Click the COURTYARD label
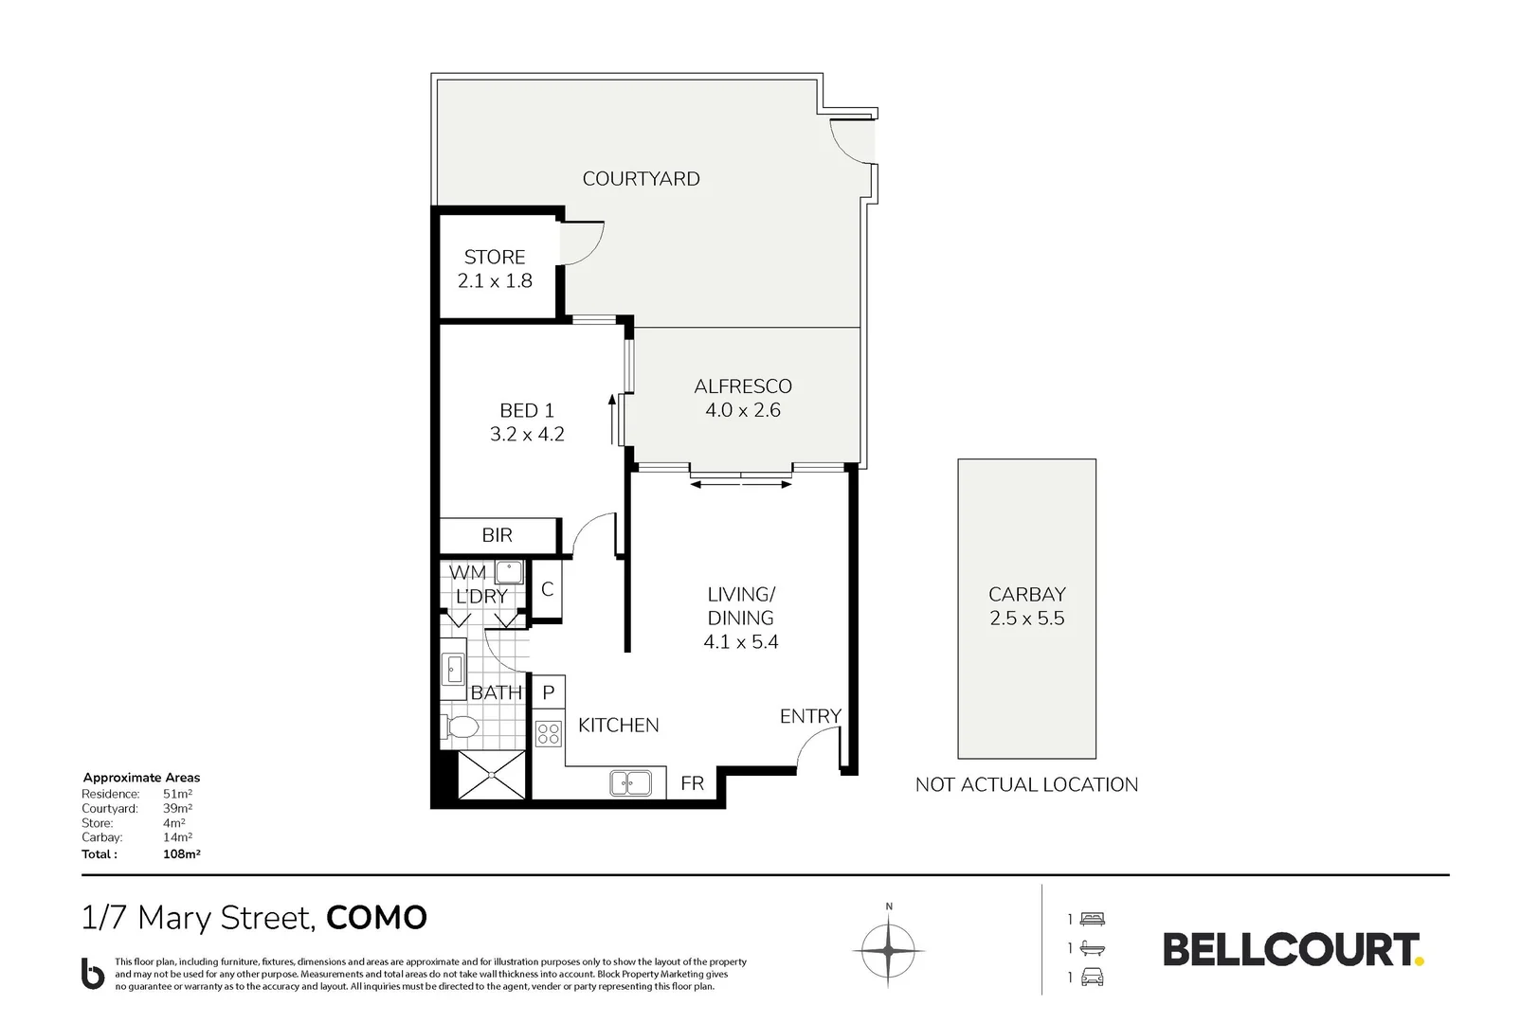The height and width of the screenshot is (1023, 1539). (x=641, y=179)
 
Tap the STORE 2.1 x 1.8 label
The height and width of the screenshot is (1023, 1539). (x=495, y=269)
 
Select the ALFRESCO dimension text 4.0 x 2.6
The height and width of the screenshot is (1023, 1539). (x=742, y=411)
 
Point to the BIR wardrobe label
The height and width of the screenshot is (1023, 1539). (x=497, y=535)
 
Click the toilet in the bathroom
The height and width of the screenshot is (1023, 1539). (x=461, y=727)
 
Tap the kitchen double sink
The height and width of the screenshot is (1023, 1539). (x=630, y=783)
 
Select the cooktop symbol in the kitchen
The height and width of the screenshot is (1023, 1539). (x=548, y=734)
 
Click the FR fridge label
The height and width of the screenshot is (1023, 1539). (x=692, y=784)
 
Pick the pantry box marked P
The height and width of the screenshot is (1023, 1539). (x=549, y=693)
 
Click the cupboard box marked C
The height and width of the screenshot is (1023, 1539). (x=547, y=589)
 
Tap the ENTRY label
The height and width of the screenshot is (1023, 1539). (x=810, y=717)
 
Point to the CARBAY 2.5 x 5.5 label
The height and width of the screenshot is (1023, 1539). (x=1026, y=606)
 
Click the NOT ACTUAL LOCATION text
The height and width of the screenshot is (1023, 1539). (x=1026, y=785)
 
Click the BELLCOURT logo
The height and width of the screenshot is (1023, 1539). (x=1293, y=949)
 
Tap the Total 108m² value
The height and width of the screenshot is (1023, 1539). (x=181, y=854)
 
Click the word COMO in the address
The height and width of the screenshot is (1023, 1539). (x=376, y=918)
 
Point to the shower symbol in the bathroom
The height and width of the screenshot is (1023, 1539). (x=491, y=775)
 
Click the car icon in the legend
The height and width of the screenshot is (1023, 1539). (x=1093, y=978)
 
